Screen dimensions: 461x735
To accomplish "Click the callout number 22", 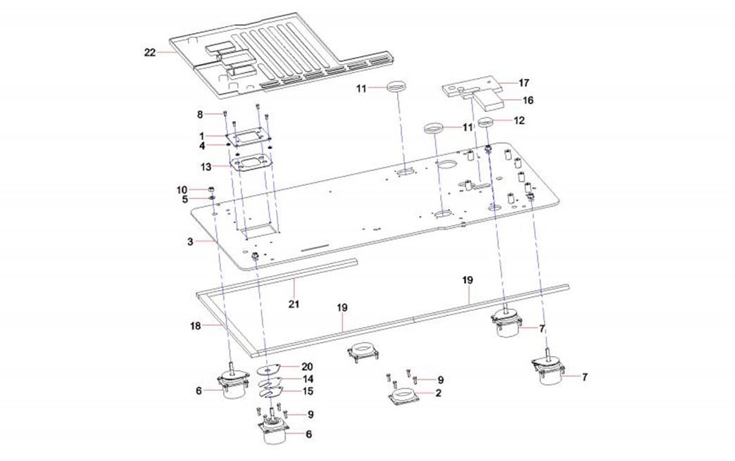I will pos(150,51).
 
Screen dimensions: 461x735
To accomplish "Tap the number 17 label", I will pos(525,82).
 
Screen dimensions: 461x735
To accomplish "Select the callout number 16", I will pos(527,100).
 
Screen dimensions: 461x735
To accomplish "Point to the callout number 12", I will pos(520,120).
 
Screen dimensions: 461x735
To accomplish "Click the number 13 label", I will pos(206,167).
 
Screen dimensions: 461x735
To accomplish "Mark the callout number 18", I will pos(196,326).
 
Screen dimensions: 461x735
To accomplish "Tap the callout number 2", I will pos(438,393).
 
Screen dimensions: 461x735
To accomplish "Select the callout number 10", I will pos(182,189).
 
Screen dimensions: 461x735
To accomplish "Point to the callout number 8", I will pos(200,113).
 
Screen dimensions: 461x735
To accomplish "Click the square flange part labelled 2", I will pos(405,398).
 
